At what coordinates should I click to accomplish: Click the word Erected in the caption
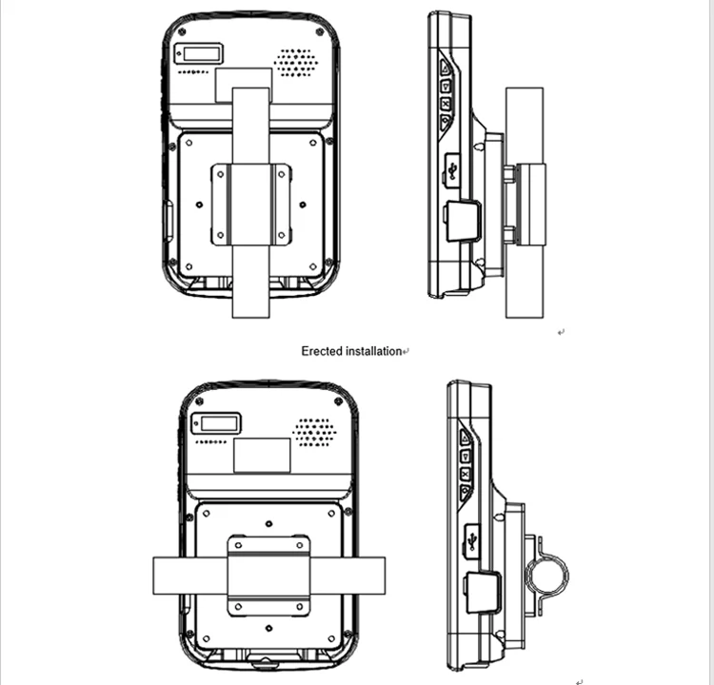[x=322, y=351]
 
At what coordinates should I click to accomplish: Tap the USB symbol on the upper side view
[x=451, y=169]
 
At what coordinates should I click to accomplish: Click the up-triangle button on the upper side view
[x=445, y=68]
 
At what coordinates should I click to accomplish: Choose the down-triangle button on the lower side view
[x=465, y=492]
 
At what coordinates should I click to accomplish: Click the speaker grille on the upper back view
[x=296, y=62]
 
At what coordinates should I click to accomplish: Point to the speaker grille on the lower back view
[x=314, y=432]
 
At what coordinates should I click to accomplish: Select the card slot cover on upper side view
[x=462, y=221]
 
